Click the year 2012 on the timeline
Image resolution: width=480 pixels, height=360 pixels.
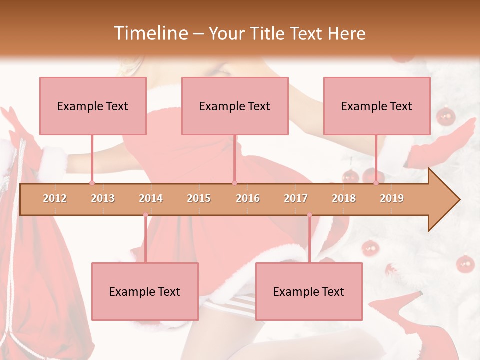pyautogui.click(x=55, y=198)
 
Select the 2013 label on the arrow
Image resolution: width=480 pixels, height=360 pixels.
pyautogui.click(x=103, y=198)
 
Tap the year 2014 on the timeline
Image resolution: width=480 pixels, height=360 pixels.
pyautogui.click(x=151, y=198)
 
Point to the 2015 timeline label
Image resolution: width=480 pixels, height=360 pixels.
pyautogui.click(x=199, y=198)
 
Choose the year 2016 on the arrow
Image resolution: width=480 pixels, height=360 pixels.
pyautogui.click(x=248, y=198)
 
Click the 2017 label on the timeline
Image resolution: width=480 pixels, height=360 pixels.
pyautogui.click(x=296, y=198)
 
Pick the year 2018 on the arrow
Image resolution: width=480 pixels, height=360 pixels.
pyautogui.click(x=344, y=198)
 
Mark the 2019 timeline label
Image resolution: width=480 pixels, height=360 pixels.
pyautogui.click(x=392, y=198)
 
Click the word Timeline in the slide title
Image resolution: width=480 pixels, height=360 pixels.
pyautogui.click(x=150, y=33)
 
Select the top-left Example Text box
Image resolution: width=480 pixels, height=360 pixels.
pyautogui.click(x=93, y=106)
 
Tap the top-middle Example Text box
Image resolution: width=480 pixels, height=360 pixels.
pyautogui.click(x=235, y=106)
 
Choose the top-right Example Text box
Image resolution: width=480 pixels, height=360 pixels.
pyautogui.click(x=377, y=106)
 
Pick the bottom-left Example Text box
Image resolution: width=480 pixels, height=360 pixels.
pyautogui.click(x=145, y=291)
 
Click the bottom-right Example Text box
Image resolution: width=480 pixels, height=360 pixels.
pyautogui.click(x=309, y=291)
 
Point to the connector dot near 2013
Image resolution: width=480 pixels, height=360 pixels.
pyautogui.click(x=92, y=183)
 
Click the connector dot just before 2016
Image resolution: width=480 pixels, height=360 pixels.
pyautogui.click(x=234, y=183)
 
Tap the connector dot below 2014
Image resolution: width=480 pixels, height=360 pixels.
pyautogui.click(x=145, y=215)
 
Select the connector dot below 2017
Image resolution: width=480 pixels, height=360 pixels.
pyautogui.click(x=309, y=215)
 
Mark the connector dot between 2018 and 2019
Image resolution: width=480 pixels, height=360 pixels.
pyautogui.click(x=376, y=183)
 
